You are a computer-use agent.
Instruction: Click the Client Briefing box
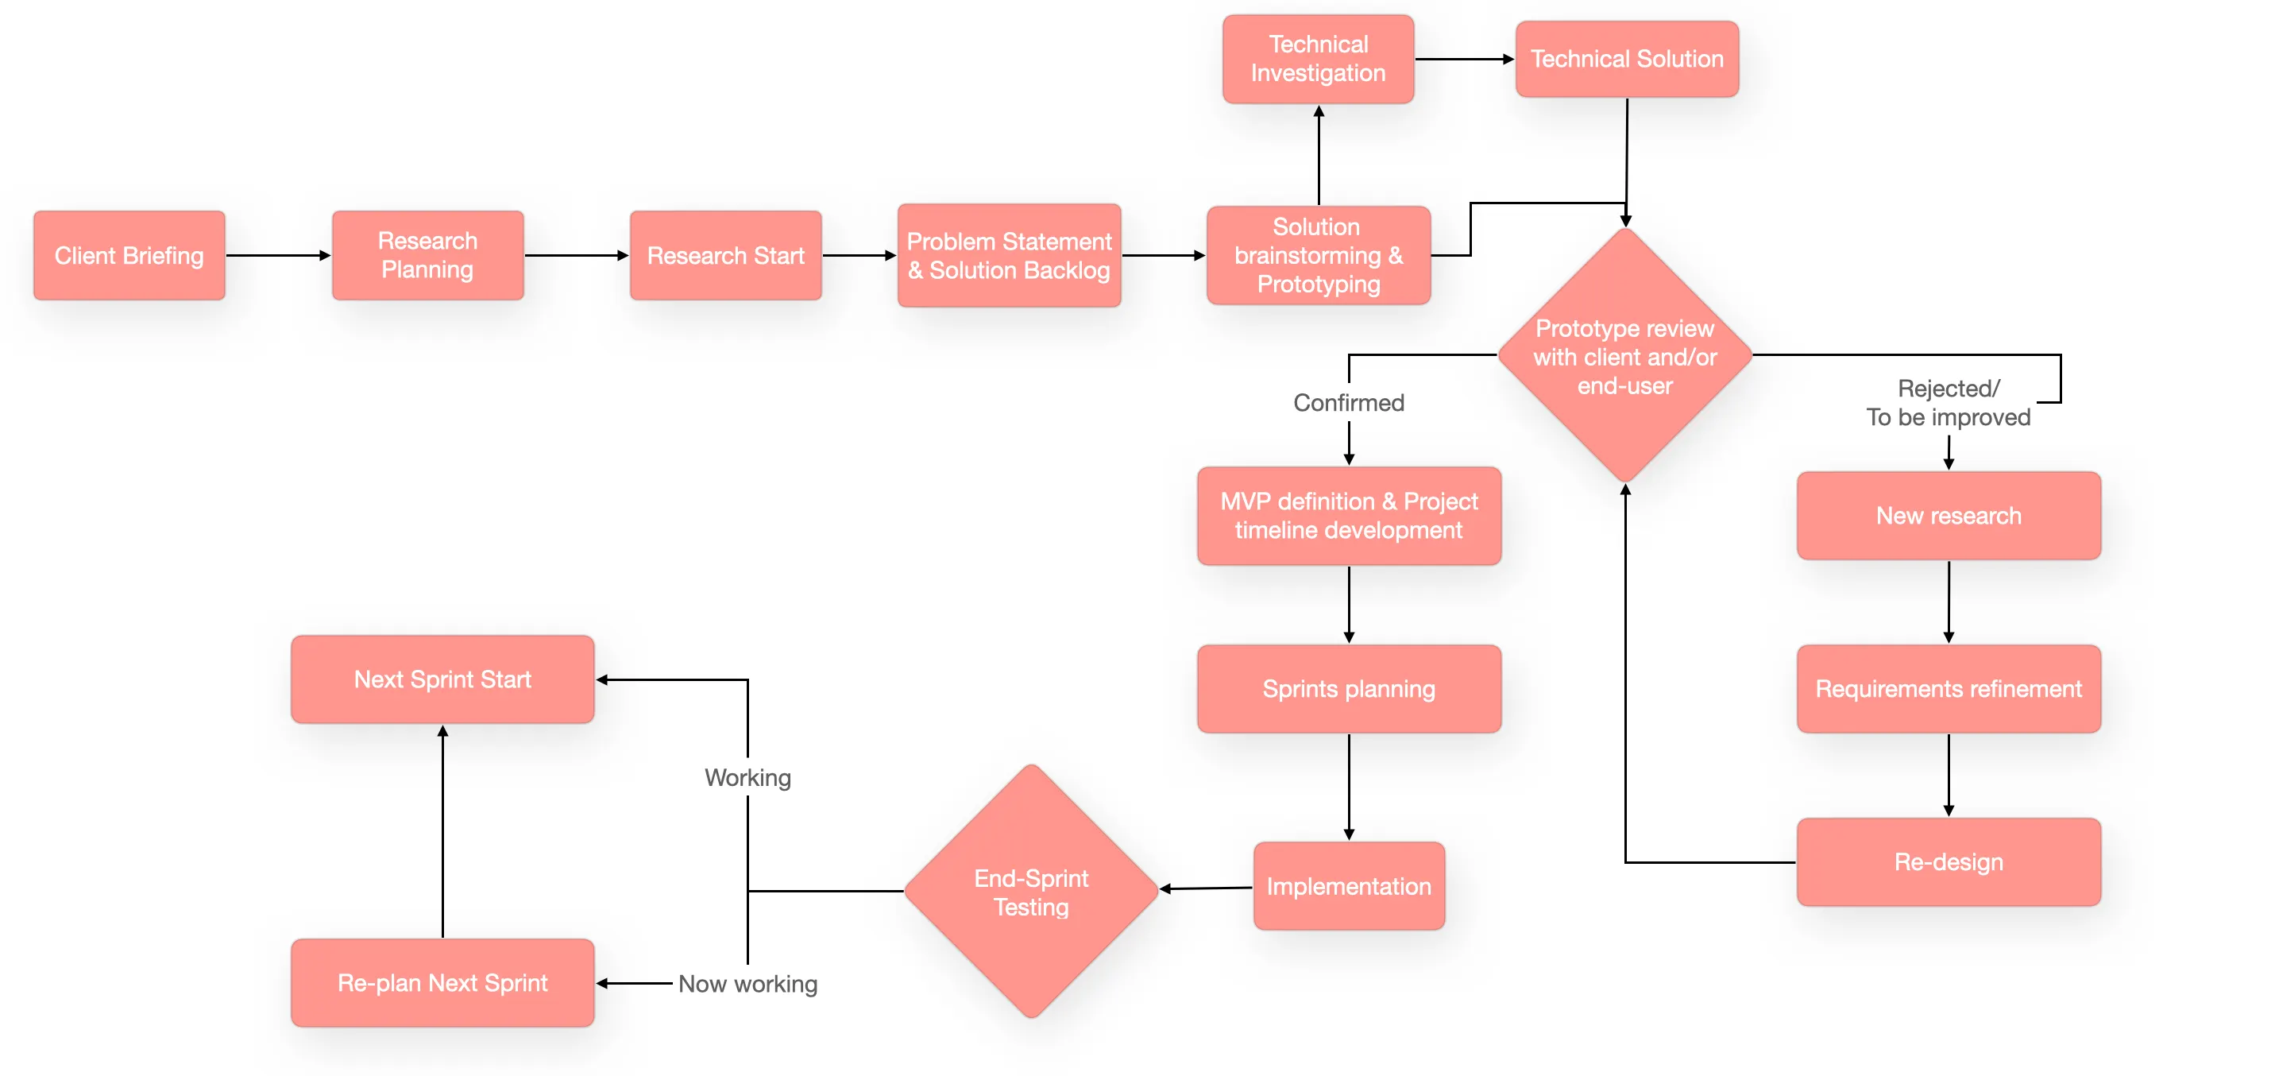[x=129, y=255]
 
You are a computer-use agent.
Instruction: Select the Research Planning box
[x=427, y=255]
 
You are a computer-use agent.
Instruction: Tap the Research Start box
[x=725, y=255]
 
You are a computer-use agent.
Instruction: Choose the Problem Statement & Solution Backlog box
[x=1009, y=255]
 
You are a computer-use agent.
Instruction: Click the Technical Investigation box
[x=1318, y=58]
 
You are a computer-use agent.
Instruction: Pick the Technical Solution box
[x=1626, y=58]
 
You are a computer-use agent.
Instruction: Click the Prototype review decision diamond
[x=1624, y=356]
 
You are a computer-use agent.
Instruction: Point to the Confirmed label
[x=1348, y=403]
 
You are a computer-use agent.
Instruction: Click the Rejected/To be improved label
[x=1948, y=403]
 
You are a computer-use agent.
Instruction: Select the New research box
[x=1948, y=515]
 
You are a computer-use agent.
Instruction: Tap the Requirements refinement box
[x=1948, y=688]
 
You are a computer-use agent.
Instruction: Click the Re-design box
[x=1948, y=861]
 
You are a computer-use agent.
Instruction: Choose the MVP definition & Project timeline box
[x=1348, y=515]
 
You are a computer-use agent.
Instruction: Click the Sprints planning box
[x=1348, y=688]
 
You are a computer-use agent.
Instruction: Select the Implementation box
[x=1348, y=886]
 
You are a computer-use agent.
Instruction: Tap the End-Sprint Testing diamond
[x=1030, y=892]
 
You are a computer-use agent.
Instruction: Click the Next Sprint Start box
[x=442, y=679]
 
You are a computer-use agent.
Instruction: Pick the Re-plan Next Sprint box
[x=442, y=982]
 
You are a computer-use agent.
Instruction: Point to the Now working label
[x=747, y=983]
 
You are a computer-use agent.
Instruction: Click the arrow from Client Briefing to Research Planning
[x=277, y=255]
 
